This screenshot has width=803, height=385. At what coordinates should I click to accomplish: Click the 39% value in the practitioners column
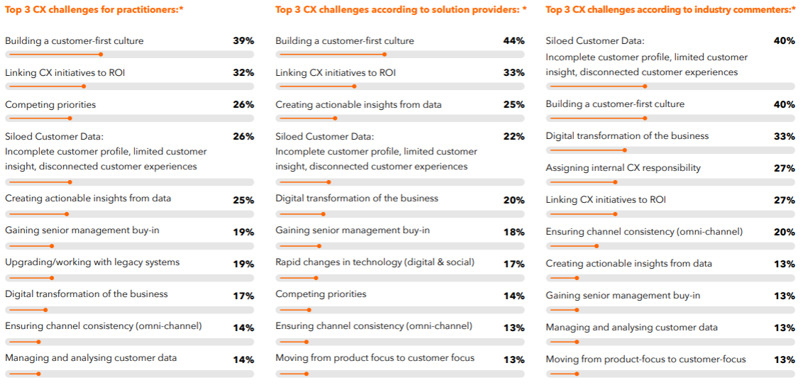243,41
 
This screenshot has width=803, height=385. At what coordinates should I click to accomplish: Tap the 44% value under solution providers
514,41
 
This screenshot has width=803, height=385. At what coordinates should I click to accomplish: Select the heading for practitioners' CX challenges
94,10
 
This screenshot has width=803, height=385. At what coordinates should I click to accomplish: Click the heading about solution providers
401,10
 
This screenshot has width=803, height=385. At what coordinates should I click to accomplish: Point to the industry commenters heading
670,10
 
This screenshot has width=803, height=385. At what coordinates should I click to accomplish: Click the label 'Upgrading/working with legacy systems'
92,262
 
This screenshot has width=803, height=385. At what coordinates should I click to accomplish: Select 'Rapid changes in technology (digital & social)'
375,262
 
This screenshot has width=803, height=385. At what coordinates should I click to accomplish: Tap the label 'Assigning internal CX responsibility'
623,168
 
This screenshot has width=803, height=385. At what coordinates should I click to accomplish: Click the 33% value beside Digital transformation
784,136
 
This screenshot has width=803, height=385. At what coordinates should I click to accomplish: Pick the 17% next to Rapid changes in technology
514,264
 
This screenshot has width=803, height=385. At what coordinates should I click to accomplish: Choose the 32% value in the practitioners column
243,73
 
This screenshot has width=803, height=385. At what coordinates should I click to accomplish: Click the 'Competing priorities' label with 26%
50,105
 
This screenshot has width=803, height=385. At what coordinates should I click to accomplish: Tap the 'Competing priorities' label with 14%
321,294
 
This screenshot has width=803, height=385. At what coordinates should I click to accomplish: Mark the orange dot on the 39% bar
101,55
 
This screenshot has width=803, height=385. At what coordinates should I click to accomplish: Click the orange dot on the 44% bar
384,55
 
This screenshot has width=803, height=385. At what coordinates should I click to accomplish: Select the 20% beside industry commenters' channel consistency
784,232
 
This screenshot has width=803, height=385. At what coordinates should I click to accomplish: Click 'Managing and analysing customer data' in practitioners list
91,358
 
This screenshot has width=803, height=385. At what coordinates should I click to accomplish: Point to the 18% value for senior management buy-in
514,232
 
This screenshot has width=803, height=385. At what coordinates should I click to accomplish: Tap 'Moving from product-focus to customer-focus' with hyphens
646,359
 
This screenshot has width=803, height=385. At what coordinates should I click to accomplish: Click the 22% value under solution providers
514,137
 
